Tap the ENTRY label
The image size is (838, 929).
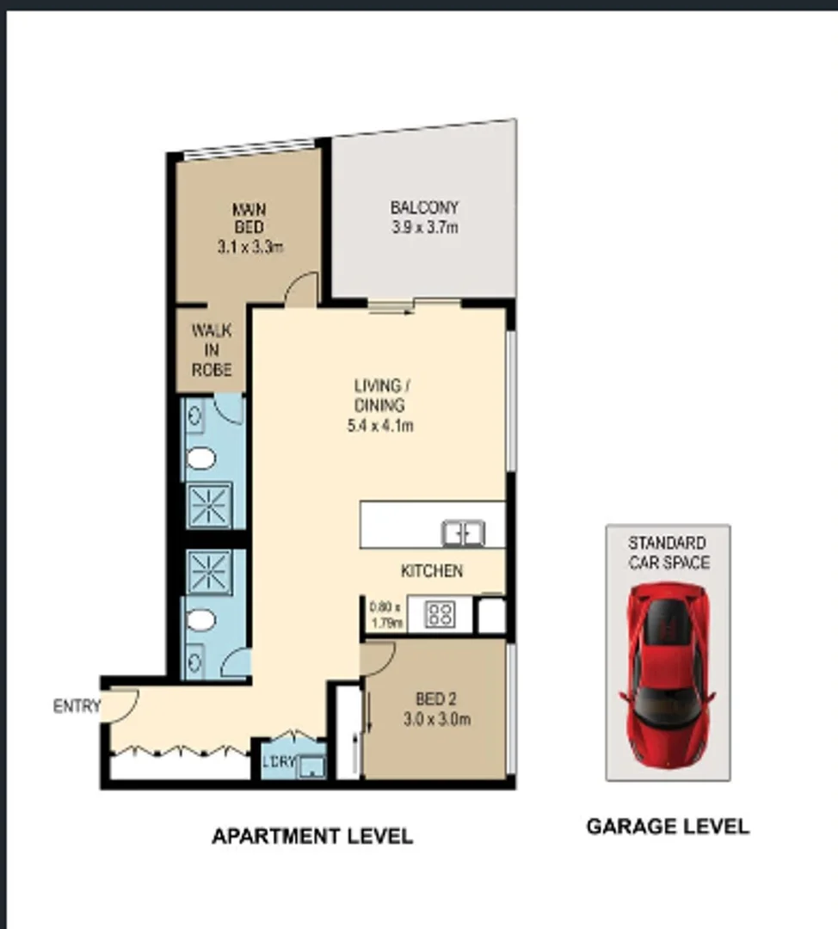[77, 706]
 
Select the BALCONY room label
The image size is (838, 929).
[424, 207]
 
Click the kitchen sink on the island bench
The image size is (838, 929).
[463, 533]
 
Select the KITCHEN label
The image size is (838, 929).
[432, 571]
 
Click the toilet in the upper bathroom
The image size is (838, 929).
[201, 458]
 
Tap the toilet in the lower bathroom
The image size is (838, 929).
[201, 619]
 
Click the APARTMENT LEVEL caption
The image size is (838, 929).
[312, 835]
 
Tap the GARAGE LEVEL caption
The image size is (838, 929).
[668, 827]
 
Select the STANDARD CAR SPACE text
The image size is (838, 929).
[668, 552]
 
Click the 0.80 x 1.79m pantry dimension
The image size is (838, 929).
[386, 615]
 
